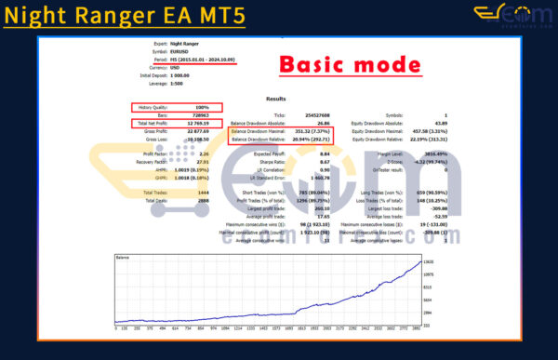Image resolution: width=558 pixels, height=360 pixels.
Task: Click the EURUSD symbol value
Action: [x=191, y=50]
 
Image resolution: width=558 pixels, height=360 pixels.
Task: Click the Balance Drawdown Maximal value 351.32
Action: [x=315, y=131]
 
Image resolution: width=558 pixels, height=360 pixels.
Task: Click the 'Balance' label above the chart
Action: [x=122, y=256]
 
